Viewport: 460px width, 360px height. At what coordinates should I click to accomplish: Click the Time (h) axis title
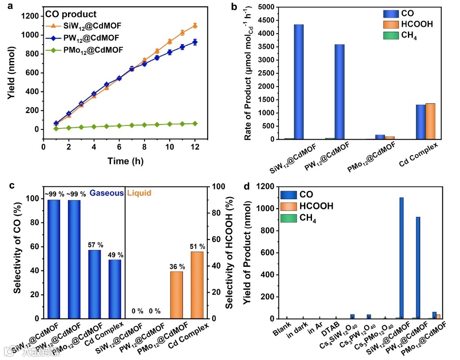click(125, 161)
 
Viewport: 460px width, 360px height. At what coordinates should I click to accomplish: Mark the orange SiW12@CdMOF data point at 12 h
click(195, 26)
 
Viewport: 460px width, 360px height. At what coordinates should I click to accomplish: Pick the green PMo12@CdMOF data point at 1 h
click(56, 128)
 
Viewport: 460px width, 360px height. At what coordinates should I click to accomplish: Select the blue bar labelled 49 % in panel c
click(115, 289)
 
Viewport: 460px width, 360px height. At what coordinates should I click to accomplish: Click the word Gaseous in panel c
click(106, 193)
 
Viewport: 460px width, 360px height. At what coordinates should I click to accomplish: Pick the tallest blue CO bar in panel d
click(401, 258)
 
